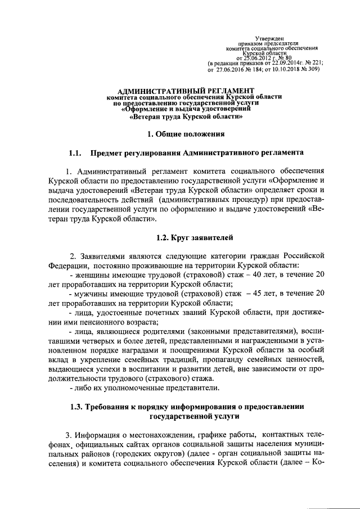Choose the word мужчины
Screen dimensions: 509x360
pyautogui.click(x=88, y=294)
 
